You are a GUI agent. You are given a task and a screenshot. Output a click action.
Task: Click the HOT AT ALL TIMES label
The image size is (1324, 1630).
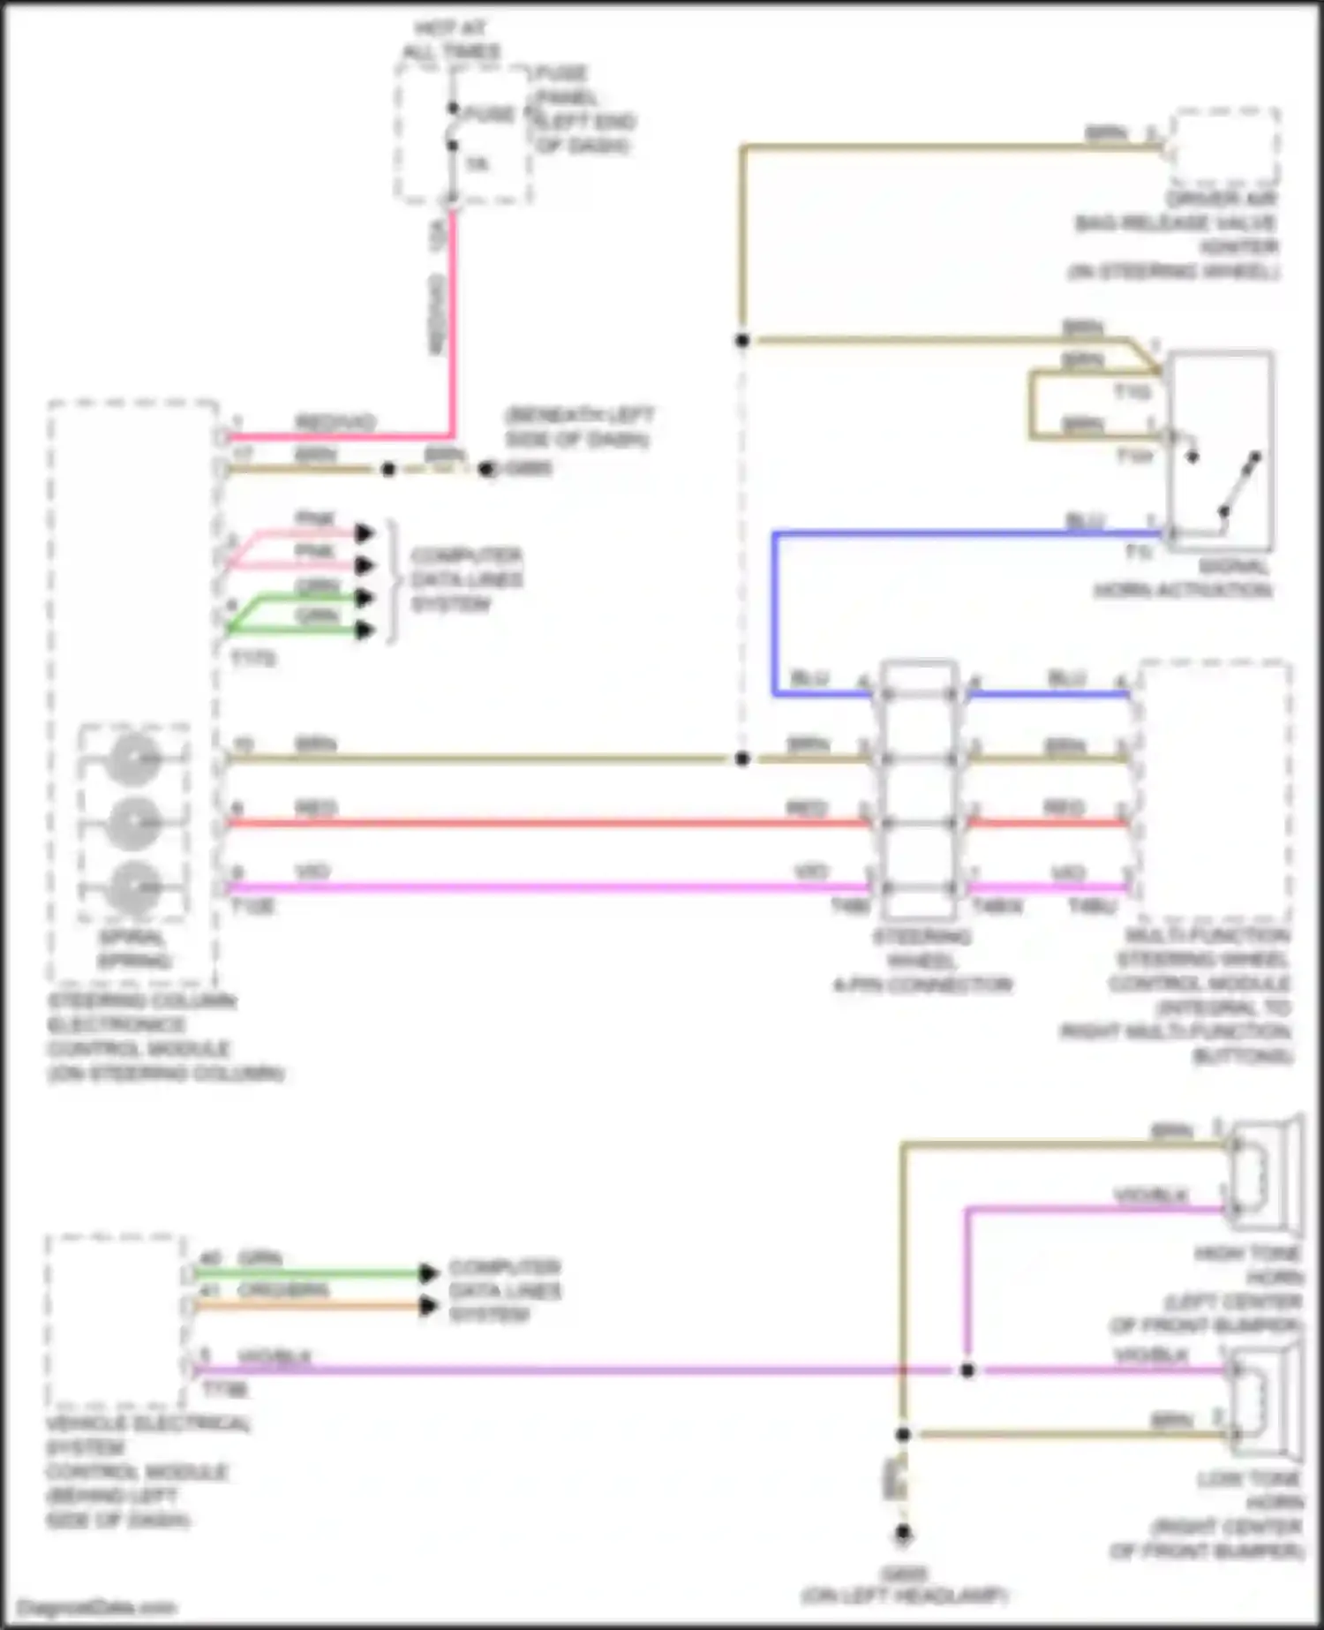(x=451, y=41)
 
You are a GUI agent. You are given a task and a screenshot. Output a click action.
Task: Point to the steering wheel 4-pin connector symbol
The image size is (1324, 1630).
(x=919, y=790)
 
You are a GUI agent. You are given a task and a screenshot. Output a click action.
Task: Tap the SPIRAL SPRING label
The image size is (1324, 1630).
(x=133, y=949)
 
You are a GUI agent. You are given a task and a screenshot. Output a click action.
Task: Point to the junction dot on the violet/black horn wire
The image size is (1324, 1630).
(x=967, y=1370)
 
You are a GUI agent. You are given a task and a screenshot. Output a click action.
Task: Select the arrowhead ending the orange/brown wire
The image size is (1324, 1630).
(x=429, y=1306)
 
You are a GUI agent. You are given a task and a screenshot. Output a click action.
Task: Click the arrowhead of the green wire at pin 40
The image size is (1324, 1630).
(x=429, y=1273)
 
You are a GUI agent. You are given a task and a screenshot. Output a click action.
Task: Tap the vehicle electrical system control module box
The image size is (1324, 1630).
(x=115, y=1321)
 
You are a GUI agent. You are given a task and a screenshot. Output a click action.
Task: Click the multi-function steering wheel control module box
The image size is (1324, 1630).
(x=1215, y=790)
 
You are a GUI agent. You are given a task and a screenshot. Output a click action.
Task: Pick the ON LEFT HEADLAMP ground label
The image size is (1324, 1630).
(x=904, y=1596)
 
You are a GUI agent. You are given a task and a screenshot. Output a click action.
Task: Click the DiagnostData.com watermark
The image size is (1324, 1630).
(x=97, y=1608)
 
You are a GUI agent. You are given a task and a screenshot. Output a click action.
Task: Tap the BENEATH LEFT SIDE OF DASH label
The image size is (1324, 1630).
(x=578, y=427)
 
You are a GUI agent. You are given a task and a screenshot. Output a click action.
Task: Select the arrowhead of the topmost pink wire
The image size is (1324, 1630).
(x=365, y=533)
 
